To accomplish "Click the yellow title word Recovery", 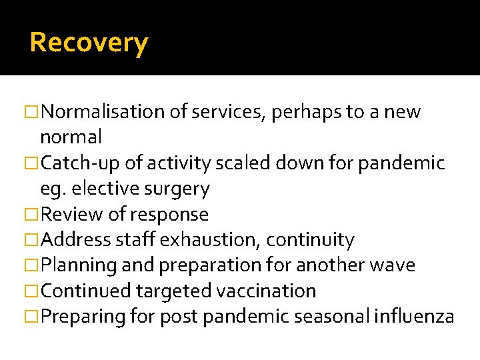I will tap(89, 43).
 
